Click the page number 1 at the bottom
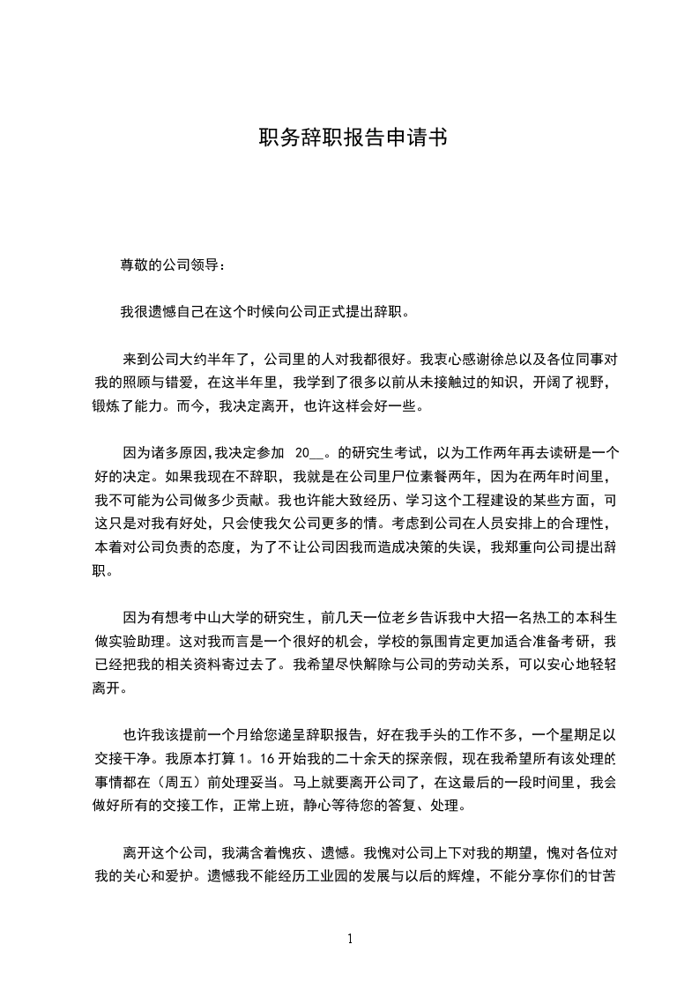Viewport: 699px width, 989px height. pos(350,939)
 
